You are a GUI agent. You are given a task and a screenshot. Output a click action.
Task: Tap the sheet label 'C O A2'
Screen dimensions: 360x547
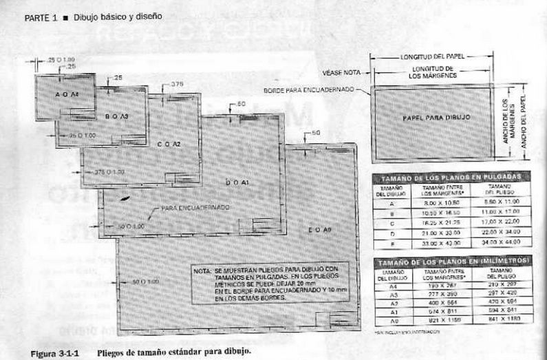coord(168,144)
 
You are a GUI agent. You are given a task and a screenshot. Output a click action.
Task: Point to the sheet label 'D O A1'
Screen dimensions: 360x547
coord(237,182)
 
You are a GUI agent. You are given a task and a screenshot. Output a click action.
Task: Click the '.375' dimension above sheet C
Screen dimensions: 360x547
coord(177,84)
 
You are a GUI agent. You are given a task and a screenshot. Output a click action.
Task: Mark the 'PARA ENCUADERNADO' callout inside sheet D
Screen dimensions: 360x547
coord(195,207)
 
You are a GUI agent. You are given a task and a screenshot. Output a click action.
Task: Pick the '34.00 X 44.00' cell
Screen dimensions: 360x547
coord(503,242)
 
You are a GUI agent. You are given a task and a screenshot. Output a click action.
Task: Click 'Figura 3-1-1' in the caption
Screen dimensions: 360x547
coord(53,352)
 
